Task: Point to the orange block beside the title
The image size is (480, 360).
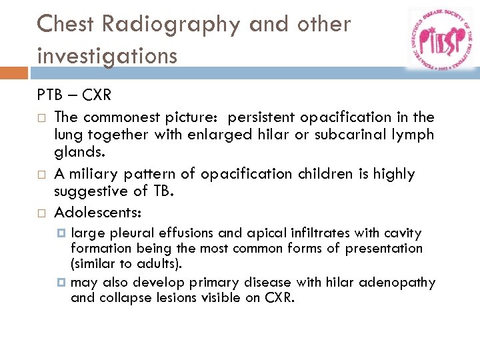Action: (14, 73)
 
